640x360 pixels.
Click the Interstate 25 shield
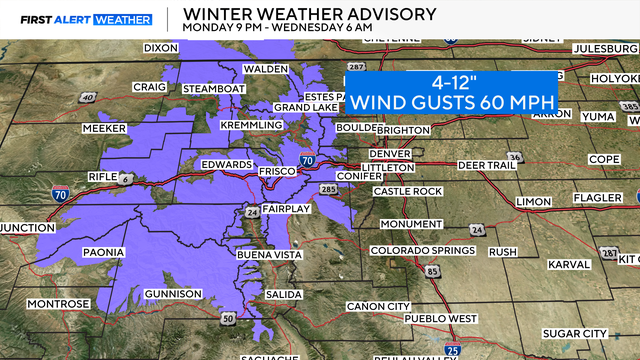[x=454, y=349]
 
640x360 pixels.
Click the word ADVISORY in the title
[x=387, y=14]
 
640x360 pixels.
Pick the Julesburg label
[x=605, y=49]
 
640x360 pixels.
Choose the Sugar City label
[x=575, y=332]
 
